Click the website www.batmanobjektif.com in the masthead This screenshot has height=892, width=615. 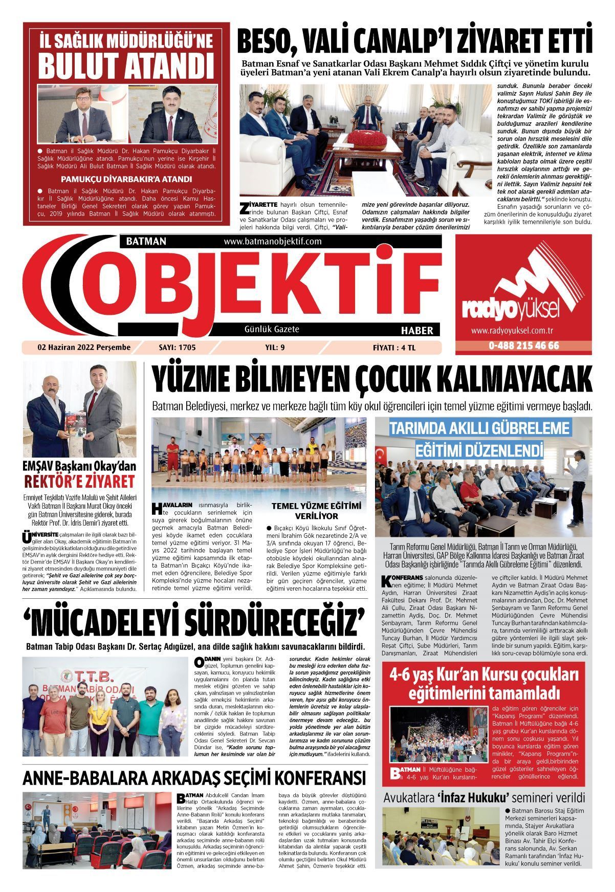pos(272,241)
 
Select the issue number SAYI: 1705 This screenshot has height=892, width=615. pos(178,347)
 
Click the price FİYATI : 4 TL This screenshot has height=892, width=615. pos(394,347)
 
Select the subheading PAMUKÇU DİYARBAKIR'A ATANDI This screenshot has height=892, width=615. pos(126,179)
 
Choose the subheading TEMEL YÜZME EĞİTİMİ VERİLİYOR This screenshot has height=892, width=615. pos(316,511)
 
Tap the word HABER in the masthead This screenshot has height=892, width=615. pos(417,330)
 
